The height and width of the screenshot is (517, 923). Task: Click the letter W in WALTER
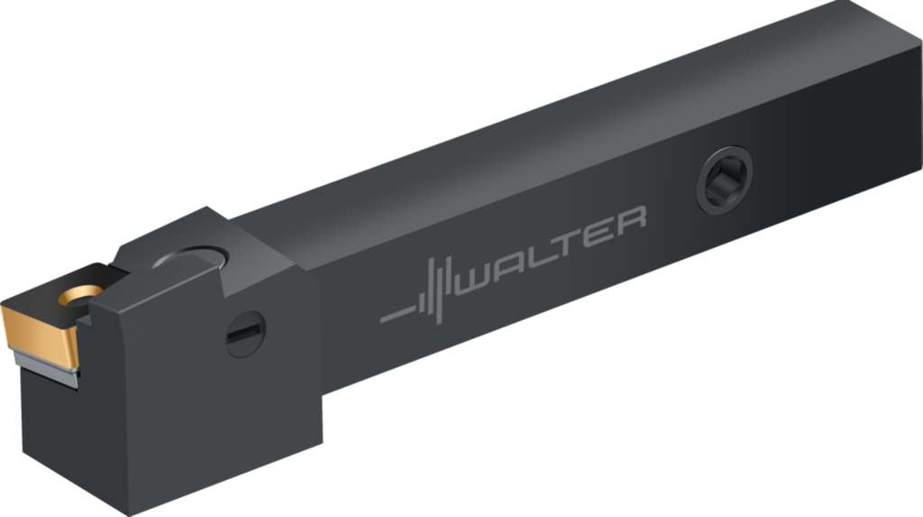(x=476, y=280)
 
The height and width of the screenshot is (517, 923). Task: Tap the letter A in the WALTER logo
(x=512, y=266)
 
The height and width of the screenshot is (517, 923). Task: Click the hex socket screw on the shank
(x=725, y=180)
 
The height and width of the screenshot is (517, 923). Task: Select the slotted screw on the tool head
(x=245, y=334)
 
